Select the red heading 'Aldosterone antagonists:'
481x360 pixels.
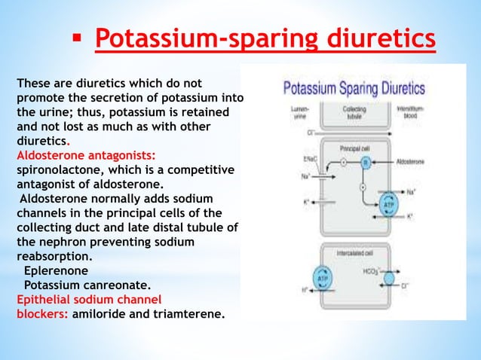tap(86, 155)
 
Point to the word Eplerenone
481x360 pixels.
tap(56, 269)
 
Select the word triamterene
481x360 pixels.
tap(190, 315)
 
